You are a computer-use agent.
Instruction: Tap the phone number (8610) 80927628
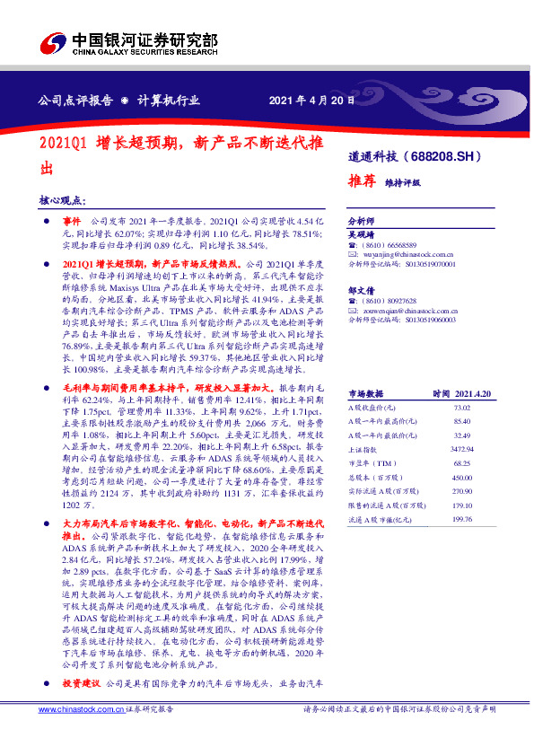pyautogui.click(x=396, y=302)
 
